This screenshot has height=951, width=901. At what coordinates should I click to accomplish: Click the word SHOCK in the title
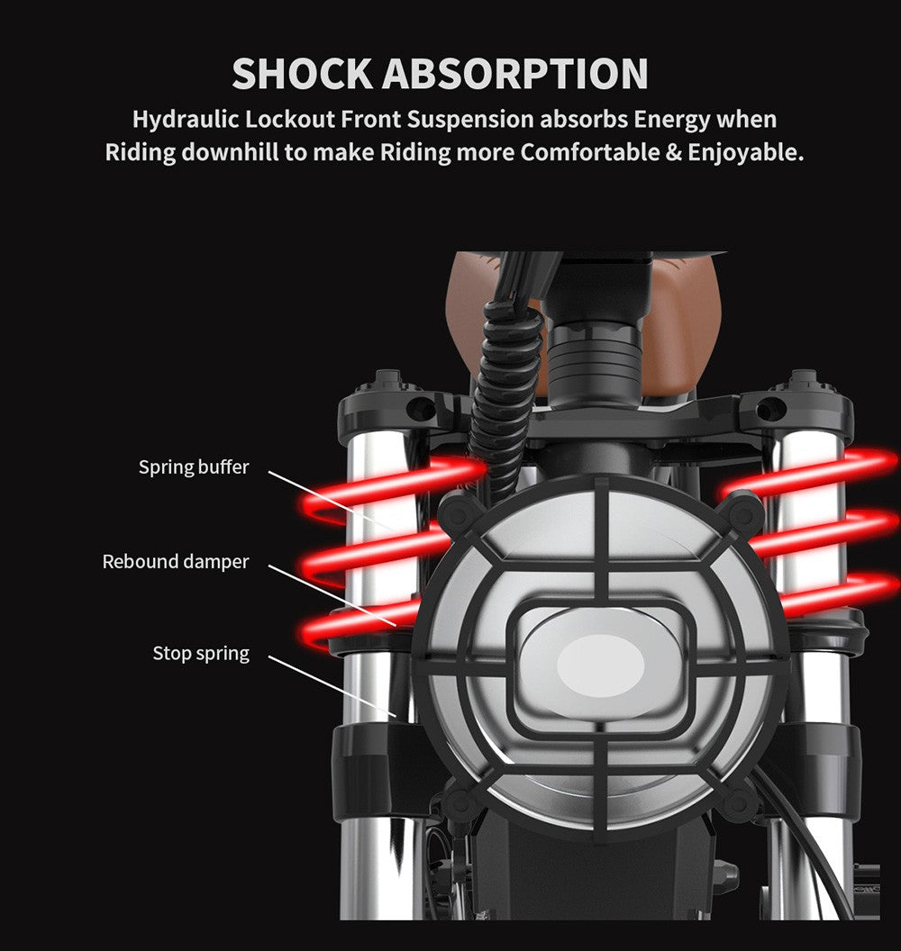click(302, 73)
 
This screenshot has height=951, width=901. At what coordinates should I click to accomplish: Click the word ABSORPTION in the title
click(515, 73)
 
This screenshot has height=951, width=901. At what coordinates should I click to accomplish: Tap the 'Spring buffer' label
click(194, 467)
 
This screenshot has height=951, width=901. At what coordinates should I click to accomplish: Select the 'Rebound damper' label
click(176, 562)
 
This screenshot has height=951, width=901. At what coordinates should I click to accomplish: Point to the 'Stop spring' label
click(201, 653)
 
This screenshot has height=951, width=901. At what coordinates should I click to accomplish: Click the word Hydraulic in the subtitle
click(186, 120)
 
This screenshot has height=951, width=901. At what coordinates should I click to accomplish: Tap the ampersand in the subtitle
click(673, 152)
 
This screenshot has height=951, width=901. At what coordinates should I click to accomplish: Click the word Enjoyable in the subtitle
click(745, 153)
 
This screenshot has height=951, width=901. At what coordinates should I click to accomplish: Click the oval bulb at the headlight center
click(600, 666)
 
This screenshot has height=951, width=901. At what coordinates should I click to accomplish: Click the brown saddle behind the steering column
click(587, 322)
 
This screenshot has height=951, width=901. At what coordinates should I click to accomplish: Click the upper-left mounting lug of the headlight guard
click(460, 511)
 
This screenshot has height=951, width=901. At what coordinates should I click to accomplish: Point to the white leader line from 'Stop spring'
click(332, 686)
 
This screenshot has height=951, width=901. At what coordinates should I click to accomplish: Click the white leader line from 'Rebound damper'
click(332, 595)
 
